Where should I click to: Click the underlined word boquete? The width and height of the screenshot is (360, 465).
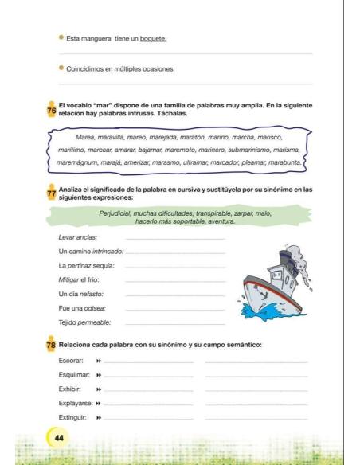click(153, 38)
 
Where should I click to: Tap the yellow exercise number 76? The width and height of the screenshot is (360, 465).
click(51, 111)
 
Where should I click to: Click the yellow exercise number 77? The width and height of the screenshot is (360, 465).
click(51, 193)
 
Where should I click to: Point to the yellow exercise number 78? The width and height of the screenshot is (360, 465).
click(51, 345)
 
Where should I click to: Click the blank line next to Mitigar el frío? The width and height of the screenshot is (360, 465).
click(175, 280)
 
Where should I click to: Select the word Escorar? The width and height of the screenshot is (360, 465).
click(72, 361)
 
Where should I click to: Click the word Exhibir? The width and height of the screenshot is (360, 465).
click(71, 389)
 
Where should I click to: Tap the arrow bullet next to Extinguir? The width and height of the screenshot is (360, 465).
click(100, 417)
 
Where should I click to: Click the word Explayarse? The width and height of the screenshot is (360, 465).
click(76, 403)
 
